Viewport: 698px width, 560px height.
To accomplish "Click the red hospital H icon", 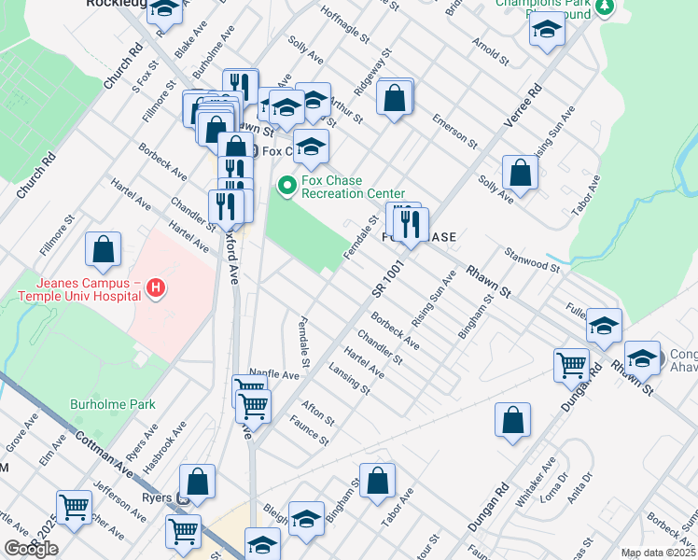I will coord(157,290).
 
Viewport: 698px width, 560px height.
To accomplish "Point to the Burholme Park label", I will coord(113,405).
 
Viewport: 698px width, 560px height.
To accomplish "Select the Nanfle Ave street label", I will coord(273,374).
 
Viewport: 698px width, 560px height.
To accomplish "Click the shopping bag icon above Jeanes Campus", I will coord(103,249).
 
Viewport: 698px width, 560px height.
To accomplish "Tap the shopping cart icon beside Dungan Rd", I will coord(571,365).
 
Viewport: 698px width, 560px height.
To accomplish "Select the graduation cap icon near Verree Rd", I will coord(547,31).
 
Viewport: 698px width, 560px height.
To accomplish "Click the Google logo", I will coord(31,549).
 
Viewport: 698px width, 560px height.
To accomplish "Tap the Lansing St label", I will coord(350,383).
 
